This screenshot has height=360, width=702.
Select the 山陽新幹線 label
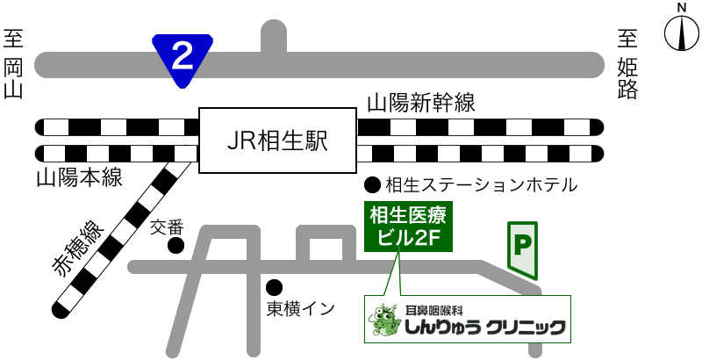click(421, 104)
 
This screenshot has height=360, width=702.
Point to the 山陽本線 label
click(79, 178)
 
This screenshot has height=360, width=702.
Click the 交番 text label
click(169, 227)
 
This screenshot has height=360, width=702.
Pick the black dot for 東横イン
click(275, 286)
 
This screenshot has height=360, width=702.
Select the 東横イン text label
click(301, 308)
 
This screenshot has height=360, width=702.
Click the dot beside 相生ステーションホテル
click(373, 185)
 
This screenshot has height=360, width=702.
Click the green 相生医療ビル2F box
click(408, 226)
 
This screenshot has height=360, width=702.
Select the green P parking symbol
click(524, 248)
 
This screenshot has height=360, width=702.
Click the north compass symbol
click(680, 36)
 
